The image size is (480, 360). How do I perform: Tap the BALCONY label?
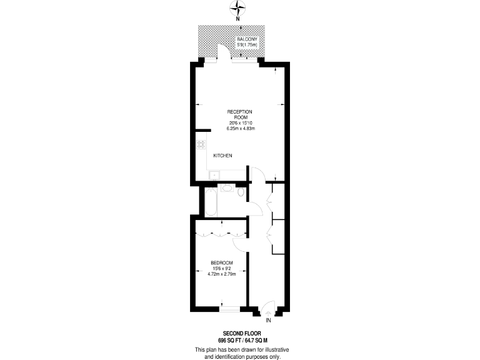pos(246,39)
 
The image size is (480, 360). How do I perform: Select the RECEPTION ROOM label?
pos(241,114)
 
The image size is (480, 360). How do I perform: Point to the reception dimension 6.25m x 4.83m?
pos(241,129)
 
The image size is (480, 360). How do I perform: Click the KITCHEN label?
pos(223,155)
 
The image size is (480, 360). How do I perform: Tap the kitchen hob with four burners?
pos(202,145)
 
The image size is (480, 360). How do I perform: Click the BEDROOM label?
pos(221,262)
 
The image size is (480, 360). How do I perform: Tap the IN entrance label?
pos(268,321)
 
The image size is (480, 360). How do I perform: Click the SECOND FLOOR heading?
pos(239,332)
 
